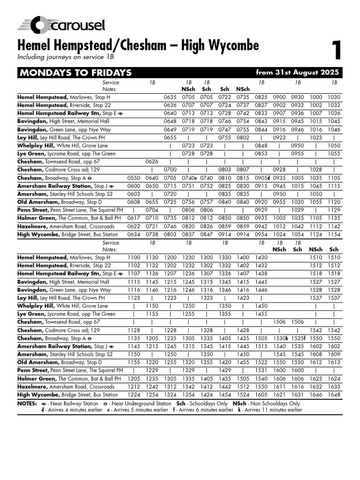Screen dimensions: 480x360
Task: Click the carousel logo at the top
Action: tap(61, 25)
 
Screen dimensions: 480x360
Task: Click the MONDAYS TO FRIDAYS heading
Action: tap(75, 73)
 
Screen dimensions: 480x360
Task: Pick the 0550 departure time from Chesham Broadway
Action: tap(134, 178)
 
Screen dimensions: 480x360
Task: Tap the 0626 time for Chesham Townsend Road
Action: tap(152, 162)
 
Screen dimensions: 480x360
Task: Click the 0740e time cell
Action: tap(189, 178)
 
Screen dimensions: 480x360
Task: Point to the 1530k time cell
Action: tap(280, 337)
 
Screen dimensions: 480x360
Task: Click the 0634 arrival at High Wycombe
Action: tap(134, 234)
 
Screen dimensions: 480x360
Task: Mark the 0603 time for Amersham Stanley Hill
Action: tap(134, 194)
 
